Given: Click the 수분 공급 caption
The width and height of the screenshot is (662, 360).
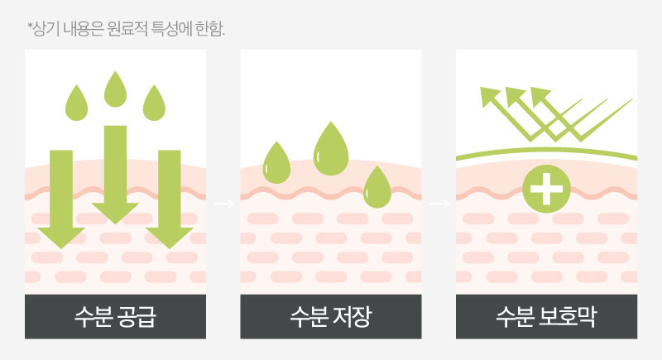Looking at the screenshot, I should tap(115, 316).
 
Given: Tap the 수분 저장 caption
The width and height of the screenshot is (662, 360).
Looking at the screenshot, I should tap(331, 316).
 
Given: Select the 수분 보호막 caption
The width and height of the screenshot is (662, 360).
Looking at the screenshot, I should tap(547, 316).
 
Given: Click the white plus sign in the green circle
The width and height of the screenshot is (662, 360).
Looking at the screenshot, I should tap(546, 190).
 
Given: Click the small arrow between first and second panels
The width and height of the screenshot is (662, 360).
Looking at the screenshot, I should tap(223, 202).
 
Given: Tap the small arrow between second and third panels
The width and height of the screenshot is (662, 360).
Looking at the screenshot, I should tap(439, 202).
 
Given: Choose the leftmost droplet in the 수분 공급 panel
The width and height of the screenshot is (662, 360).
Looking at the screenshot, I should tap(77, 103).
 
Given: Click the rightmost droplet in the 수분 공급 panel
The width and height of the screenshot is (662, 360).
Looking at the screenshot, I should tap(155, 103).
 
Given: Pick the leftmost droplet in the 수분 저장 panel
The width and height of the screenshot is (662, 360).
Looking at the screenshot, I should tap(276, 162).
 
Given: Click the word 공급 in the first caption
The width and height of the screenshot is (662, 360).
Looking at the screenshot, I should tap(138, 316).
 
